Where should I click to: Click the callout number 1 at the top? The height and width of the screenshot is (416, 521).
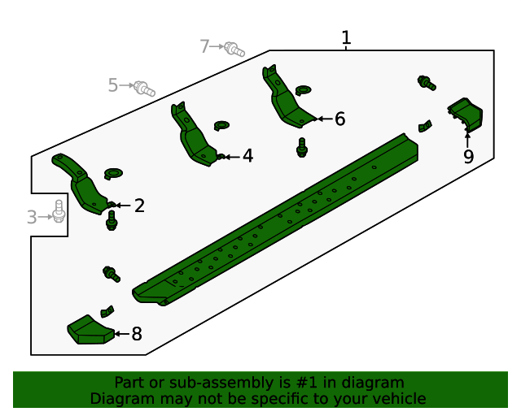346,37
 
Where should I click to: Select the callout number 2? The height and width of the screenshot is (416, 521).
139,206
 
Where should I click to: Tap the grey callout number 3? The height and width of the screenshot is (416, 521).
32,217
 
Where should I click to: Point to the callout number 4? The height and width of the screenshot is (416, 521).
247,155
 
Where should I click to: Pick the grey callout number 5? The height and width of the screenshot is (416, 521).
113,84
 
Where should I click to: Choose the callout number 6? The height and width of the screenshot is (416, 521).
339,119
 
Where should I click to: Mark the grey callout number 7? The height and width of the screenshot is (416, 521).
205,46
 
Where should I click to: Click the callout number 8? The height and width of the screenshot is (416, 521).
137,333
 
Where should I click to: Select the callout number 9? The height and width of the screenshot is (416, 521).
468,157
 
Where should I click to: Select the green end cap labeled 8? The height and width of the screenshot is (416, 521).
88,330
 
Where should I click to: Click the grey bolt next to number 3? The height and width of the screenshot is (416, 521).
59,211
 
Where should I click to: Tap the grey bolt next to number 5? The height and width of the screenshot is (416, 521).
144,87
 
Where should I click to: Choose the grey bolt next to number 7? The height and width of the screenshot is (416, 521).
234,49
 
